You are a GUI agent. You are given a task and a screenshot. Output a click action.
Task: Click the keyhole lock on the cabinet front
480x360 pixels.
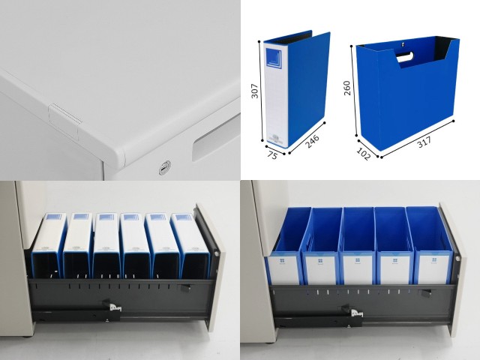[x=164, y=167]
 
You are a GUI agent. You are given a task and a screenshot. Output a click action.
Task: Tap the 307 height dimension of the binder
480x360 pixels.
[x=255, y=91]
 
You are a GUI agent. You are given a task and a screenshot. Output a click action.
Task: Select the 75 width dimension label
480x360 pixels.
[x=272, y=155]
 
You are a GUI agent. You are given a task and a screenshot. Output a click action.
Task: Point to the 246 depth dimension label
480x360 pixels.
[x=312, y=141]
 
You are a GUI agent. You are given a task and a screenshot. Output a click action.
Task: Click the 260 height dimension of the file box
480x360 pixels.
[x=347, y=88]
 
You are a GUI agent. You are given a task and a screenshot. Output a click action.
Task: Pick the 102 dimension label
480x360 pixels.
[x=363, y=154]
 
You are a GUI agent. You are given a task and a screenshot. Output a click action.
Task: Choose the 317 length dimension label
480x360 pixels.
[x=424, y=142]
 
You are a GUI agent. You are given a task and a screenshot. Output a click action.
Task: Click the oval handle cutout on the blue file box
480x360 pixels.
[x=405, y=57]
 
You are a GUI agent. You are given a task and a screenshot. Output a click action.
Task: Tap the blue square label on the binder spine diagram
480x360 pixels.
[x=274, y=58]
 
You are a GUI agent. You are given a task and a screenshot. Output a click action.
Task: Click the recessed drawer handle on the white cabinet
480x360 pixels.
[x=216, y=137]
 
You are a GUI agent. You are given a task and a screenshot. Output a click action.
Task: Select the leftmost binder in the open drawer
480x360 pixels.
[x=49, y=245]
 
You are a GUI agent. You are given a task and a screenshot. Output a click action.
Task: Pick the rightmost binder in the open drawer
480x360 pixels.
[x=190, y=246]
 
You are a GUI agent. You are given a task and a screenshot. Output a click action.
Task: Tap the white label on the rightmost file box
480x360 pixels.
[x=433, y=269]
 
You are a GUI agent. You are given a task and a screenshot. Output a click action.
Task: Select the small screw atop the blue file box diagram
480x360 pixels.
[x=403, y=45]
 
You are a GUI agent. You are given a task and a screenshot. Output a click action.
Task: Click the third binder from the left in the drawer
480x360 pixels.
[x=106, y=246]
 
